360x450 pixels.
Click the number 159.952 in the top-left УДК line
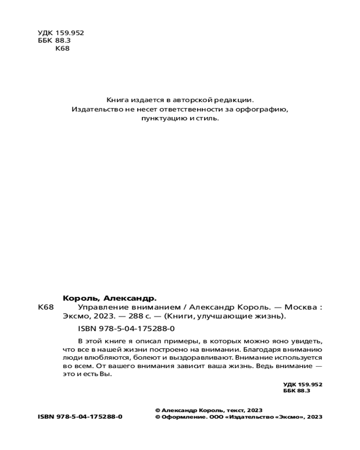point(70,33)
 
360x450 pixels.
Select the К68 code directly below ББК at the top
point(62,49)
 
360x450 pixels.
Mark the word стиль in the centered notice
point(207,119)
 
